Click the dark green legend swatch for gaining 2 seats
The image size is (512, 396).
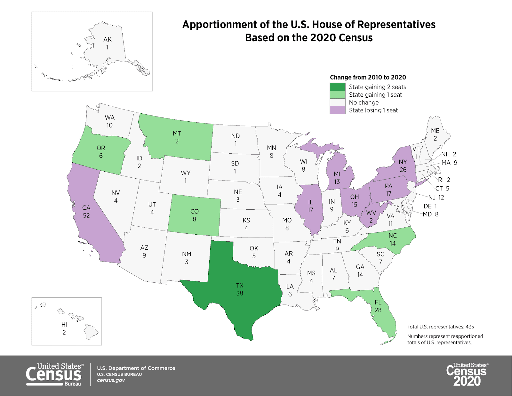pyautogui.click(x=338, y=87)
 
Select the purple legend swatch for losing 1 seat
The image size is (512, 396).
pyautogui.click(x=338, y=110)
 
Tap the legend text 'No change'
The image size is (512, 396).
pyautogui.click(x=364, y=102)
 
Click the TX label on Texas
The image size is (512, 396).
pyautogui.click(x=240, y=285)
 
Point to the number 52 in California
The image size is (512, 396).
pyautogui.click(x=86, y=215)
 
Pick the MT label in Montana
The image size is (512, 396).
pyautogui.click(x=177, y=133)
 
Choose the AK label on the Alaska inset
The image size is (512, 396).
pyautogui.click(x=108, y=39)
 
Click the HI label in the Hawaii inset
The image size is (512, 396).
pyautogui.click(x=64, y=325)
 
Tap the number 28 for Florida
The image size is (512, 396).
pyautogui.click(x=378, y=310)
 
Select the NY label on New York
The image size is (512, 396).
pyautogui.click(x=403, y=162)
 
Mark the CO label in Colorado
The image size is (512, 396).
pyautogui.click(x=195, y=211)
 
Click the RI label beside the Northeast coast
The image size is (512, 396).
pyautogui.click(x=441, y=180)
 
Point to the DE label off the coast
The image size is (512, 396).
pyautogui.click(x=428, y=206)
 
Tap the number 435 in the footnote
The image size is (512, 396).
pyautogui.click(x=470, y=327)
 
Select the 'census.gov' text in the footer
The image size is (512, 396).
pyautogui.click(x=111, y=380)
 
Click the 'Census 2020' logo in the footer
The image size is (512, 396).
pyautogui.click(x=467, y=374)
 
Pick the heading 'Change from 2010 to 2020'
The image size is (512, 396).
pyautogui.click(x=368, y=77)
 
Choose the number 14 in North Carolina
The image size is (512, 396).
pyautogui.click(x=393, y=243)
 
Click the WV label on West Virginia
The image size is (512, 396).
pyautogui.click(x=371, y=213)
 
